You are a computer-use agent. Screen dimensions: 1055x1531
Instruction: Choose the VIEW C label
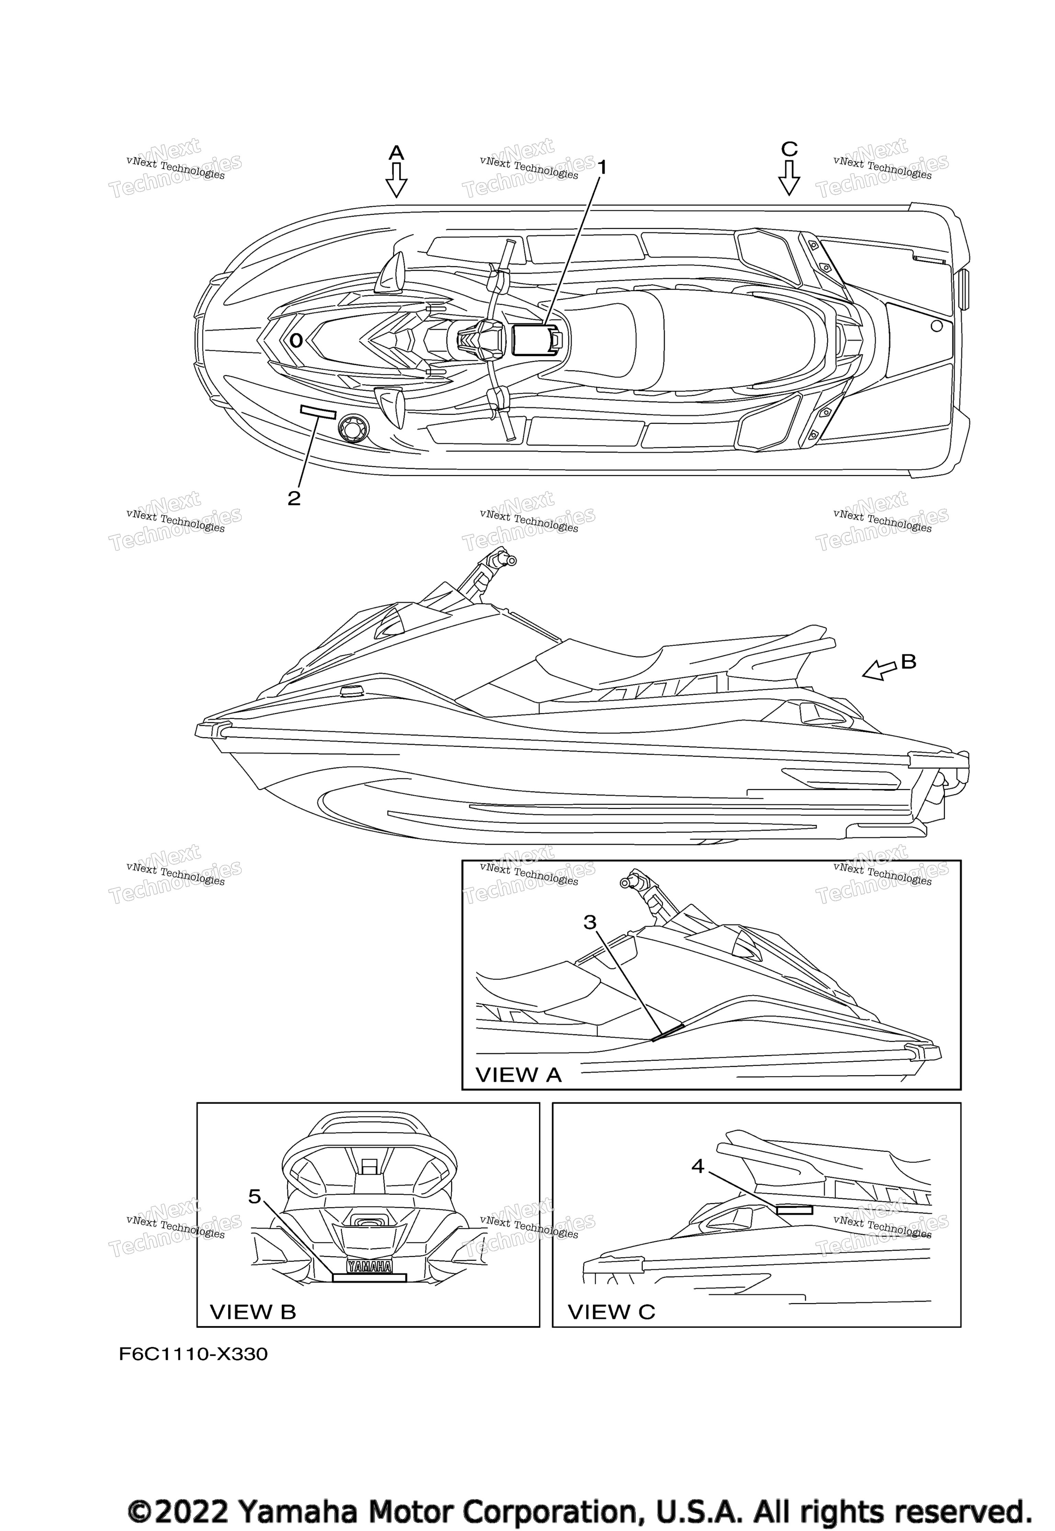(611, 1312)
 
